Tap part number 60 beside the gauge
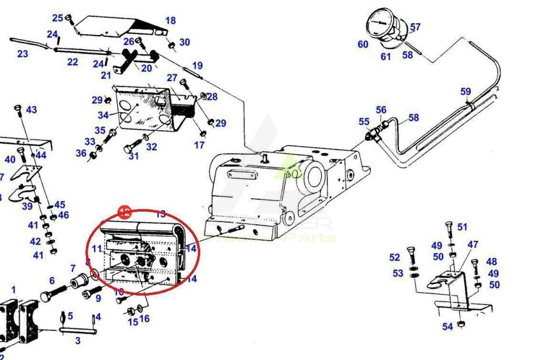(x=363, y=44)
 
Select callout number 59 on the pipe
(x=465, y=91)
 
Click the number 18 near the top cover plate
(x=170, y=21)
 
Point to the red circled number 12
(x=125, y=212)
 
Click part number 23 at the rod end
(x=22, y=54)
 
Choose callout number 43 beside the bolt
(x=31, y=110)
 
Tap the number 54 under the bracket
(x=447, y=327)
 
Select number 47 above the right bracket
(x=473, y=244)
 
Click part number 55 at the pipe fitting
(x=364, y=122)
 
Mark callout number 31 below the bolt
(x=134, y=155)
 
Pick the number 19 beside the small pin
(x=197, y=66)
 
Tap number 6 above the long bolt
(x=51, y=281)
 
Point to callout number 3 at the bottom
(x=77, y=341)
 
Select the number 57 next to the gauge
(x=415, y=27)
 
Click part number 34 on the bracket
(x=103, y=115)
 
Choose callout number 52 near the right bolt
(x=395, y=257)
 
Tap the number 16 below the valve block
(x=144, y=319)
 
